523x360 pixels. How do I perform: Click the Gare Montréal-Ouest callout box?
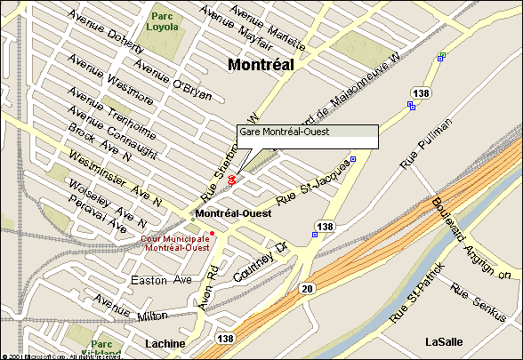point(308,136)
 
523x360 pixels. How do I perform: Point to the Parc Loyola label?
point(163,21)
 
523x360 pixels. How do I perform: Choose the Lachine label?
point(165,343)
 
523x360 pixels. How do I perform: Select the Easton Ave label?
point(161,280)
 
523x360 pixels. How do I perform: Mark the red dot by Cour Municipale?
point(212,233)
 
